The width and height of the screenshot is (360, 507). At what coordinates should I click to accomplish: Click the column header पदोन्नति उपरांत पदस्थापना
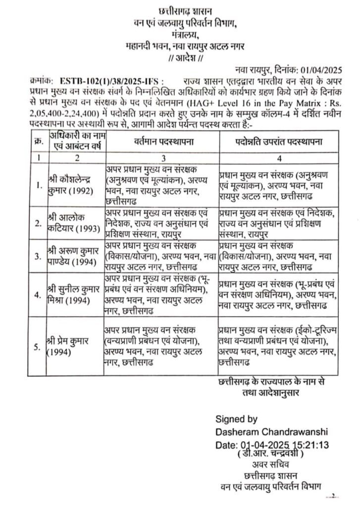click(278, 142)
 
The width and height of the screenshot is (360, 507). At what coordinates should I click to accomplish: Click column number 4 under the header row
click(279, 159)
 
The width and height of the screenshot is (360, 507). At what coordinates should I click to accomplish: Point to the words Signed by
click(237, 418)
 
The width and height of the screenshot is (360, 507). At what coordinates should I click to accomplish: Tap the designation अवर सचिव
click(270, 465)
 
